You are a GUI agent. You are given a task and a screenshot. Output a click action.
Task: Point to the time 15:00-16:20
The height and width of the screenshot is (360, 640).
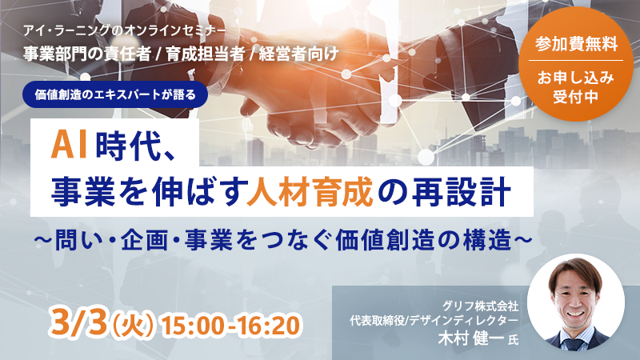point(231,326)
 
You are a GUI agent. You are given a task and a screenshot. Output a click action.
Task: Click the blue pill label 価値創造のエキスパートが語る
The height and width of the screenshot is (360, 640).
point(120,91)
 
